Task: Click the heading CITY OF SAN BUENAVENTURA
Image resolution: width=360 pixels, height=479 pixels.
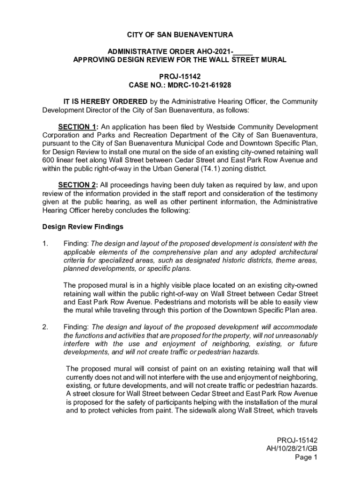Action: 180,35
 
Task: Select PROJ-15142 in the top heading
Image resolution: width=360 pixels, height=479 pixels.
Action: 180,77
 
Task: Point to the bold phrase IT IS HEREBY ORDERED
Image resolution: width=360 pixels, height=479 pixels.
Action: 106,102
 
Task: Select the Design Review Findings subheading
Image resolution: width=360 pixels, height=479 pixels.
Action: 83,227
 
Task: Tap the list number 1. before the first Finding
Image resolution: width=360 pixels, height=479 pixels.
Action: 45,244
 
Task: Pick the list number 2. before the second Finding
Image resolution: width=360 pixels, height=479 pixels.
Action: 45,327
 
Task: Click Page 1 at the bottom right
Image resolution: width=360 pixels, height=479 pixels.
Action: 306,457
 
